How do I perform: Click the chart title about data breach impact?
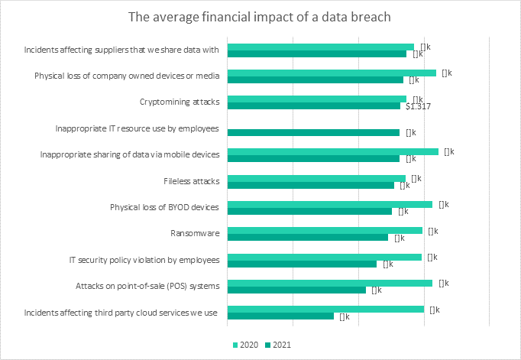coord(260,18)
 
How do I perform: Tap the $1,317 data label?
coord(419,106)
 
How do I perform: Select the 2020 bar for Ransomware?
coord(325,230)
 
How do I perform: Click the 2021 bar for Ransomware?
coord(308,238)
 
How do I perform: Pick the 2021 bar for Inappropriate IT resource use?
coord(313,132)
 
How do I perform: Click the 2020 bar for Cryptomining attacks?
coord(317,99)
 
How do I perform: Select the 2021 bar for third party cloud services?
coord(280,316)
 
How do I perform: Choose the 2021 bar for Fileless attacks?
coord(311,185)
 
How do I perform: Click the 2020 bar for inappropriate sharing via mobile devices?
coord(333,151)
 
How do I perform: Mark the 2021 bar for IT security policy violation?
coord(302,264)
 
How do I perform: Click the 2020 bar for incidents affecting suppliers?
coord(320,47)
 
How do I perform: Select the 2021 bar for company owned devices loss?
coord(315,79)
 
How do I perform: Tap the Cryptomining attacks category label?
coord(180,102)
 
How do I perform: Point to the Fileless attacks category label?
coord(192,181)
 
